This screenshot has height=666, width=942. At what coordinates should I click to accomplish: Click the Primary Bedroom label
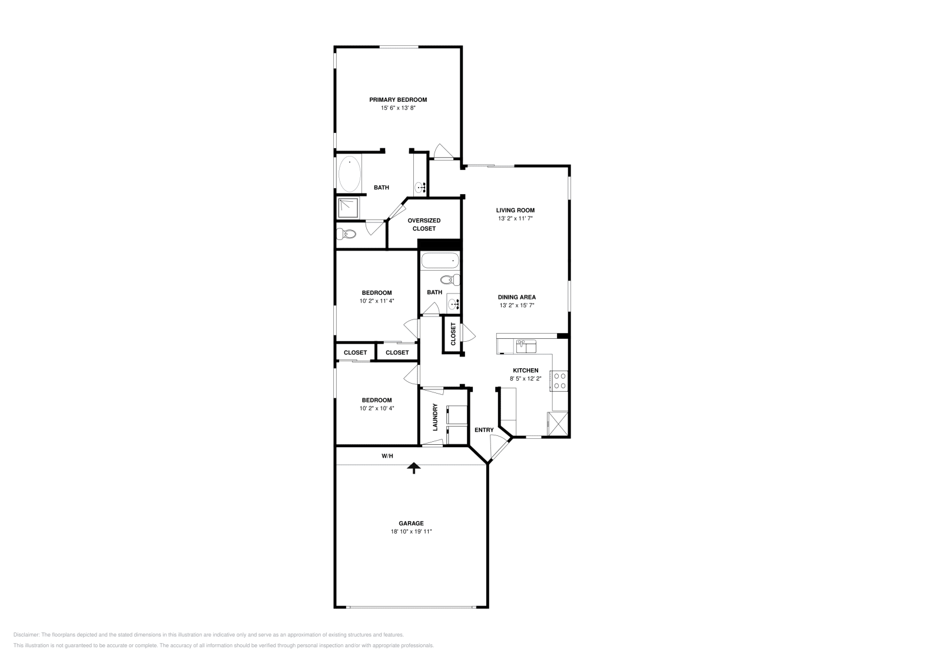pyautogui.click(x=398, y=100)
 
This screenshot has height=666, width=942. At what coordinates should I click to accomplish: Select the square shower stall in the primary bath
pyautogui.click(x=347, y=207)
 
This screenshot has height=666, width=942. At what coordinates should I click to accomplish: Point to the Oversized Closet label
pyautogui.click(x=424, y=224)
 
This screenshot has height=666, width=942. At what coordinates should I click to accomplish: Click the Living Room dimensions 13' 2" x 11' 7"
pyautogui.click(x=515, y=218)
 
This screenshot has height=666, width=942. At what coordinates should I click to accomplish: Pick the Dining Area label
pyautogui.click(x=517, y=297)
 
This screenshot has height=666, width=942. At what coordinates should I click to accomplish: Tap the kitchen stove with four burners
pyautogui.click(x=559, y=381)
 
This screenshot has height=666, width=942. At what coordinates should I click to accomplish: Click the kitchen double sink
pyautogui.click(x=526, y=346)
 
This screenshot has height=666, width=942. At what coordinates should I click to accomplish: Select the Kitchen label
pyautogui.click(x=525, y=370)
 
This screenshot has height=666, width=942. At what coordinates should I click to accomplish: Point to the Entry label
pyautogui.click(x=484, y=430)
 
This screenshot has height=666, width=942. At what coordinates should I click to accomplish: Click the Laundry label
pyautogui.click(x=435, y=417)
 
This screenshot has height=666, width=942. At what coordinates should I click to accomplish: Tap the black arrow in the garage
pyautogui.click(x=414, y=468)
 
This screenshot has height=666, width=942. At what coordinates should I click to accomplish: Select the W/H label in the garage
pyautogui.click(x=387, y=455)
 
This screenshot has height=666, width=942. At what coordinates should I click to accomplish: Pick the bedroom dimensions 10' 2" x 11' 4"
pyautogui.click(x=377, y=301)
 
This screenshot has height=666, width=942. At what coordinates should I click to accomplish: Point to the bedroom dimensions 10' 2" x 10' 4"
pyautogui.click(x=377, y=408)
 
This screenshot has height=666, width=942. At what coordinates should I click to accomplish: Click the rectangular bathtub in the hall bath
pyautogui.click(x=439, y=261)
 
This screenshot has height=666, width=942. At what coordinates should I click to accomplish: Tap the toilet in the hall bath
pyautogui.click(x=450, y=279)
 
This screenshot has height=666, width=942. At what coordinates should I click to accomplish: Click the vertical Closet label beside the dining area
pyautogui.click(x=453, y=334)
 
